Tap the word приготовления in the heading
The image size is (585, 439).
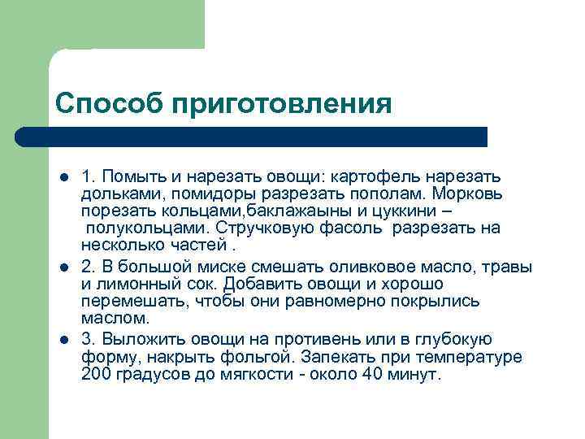tap(281, 105)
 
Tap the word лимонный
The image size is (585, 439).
tap(143, 285)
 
